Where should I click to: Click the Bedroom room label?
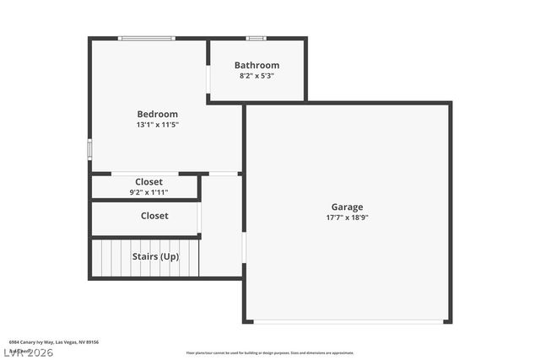[x=158, y=114]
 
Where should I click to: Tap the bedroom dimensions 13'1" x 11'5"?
[x=158, y=125]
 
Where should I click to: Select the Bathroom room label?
[x=256, y=65]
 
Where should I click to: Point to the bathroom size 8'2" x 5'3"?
[x=256, y=76]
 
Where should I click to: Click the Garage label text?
[x=347, y=207]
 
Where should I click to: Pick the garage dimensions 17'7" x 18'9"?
[x=347, y=218]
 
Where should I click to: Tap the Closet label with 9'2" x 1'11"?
[x=148, y=181]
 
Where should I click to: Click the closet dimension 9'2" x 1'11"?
[x=148, y=192]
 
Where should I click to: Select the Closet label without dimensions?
[x=154, y=216]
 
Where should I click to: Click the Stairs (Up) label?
[x=155, y=256]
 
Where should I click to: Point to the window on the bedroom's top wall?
[x=147, y=38]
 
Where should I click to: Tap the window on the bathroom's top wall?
[x=256, y=38]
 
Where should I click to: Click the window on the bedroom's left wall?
[x=89, y=148]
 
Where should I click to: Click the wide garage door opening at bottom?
[x=348, y=321]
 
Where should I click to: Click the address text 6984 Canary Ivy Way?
[x=54, y=342]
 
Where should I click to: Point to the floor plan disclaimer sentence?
[x=270, y=353]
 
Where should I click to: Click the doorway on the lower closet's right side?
[x=200, y=217]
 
